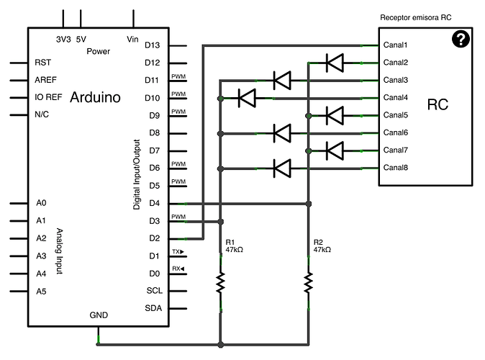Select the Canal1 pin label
(396, 45)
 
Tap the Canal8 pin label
(396, 168)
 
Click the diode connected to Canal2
(335, 63)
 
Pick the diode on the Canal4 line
(248, 97)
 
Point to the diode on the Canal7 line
(335, 150)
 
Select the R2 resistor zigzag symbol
(309, 282)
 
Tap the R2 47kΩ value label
(322, 249)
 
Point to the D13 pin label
(152, 45)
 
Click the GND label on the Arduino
(99, 315)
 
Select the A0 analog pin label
(41, 203)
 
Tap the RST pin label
(42, 63)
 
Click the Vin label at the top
(132, 39)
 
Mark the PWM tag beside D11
(178, 77)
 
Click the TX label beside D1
(177, 252)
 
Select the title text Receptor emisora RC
(416, 17)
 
